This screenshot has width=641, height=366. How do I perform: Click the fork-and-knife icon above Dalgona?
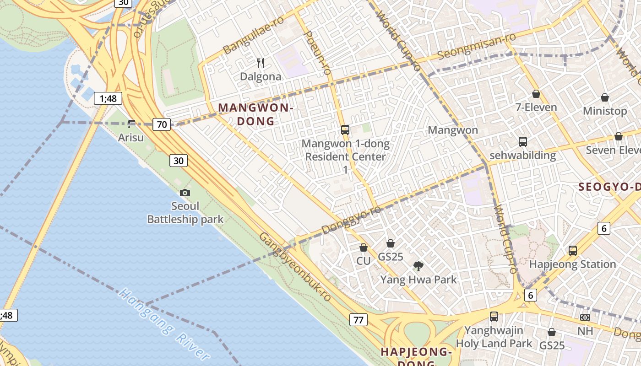click(x=261, y=63)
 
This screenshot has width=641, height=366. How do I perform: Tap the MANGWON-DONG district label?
click(x=255, y=114)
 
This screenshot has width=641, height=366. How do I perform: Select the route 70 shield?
click(x=162, y=124)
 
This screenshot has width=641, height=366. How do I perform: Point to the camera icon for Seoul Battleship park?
click(x=185, y=193)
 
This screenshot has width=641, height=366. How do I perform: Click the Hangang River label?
click(x=163, y=323)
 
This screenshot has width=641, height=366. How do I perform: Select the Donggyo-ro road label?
click(x=351, y=220)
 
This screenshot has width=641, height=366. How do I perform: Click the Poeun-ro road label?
click(x=317, y=53)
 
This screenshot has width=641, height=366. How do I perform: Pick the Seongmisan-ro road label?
click(x=477, y=46)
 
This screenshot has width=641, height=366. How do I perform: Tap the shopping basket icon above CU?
click(x=363, y=248)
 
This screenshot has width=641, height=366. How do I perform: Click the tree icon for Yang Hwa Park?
click(x=418, y=266)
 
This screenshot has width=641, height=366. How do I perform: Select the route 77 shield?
click(x=358, y=320)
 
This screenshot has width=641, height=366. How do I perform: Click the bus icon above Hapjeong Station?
click(x=572, y=250)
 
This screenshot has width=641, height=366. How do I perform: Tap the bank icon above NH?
click(x=585, y=317)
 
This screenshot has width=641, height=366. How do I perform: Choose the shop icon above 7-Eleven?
click(x=536, y=94)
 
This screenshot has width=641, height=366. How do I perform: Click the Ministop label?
click(x=605, y=111)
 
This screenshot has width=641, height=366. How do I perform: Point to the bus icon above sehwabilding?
click(x=522, y=142)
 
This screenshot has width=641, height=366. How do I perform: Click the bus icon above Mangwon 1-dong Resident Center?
click(x=345, y=130)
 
